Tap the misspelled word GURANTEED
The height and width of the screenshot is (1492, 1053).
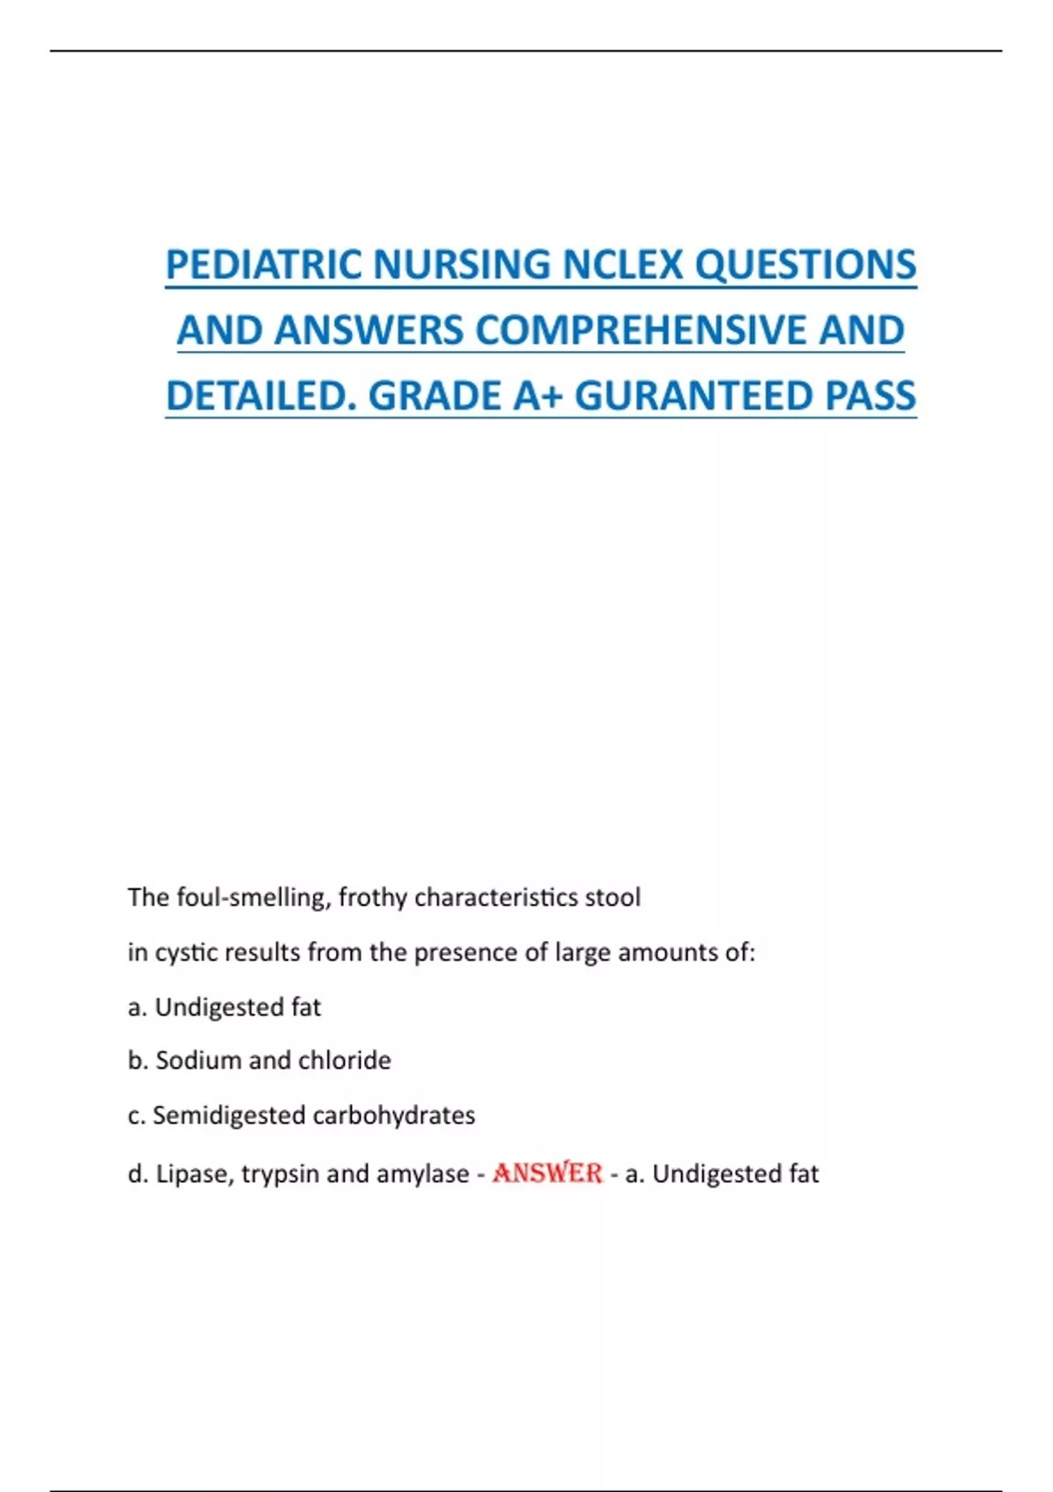click(x=693, y=396)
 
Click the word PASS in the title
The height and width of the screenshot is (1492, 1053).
click(x=870, y=396)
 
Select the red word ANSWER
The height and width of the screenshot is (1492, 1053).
click(x=548, y=1173)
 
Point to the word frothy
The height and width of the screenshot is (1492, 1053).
click(x=372, y=897)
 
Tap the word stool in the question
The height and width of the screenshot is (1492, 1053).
click(x=613, y=897)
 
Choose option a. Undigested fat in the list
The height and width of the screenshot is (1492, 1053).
click(x=225, y=1007)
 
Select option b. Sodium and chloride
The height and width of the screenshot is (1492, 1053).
click(x=260, y=1060)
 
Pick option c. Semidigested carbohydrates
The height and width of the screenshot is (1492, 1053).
click(x=302, y=1115)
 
